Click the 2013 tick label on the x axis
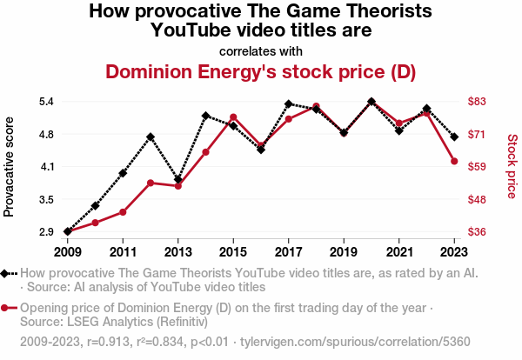[x=178, y=252]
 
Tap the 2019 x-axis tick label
[x=344, y=252]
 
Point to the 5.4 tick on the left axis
[x=46, y=102]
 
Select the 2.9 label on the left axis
[x=46, y=232]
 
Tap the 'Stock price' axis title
[x=512, y=165]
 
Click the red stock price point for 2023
[x=454, y=161]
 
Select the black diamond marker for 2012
[x=151, y=137]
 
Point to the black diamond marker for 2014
[x=205, y=116]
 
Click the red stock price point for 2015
[x=233, y=117]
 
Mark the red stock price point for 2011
[x=123, y=212]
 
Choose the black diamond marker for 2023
[x=454, y=137]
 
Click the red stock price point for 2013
[x=178, y=186]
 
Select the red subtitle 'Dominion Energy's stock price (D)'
[x=260, y=71]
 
